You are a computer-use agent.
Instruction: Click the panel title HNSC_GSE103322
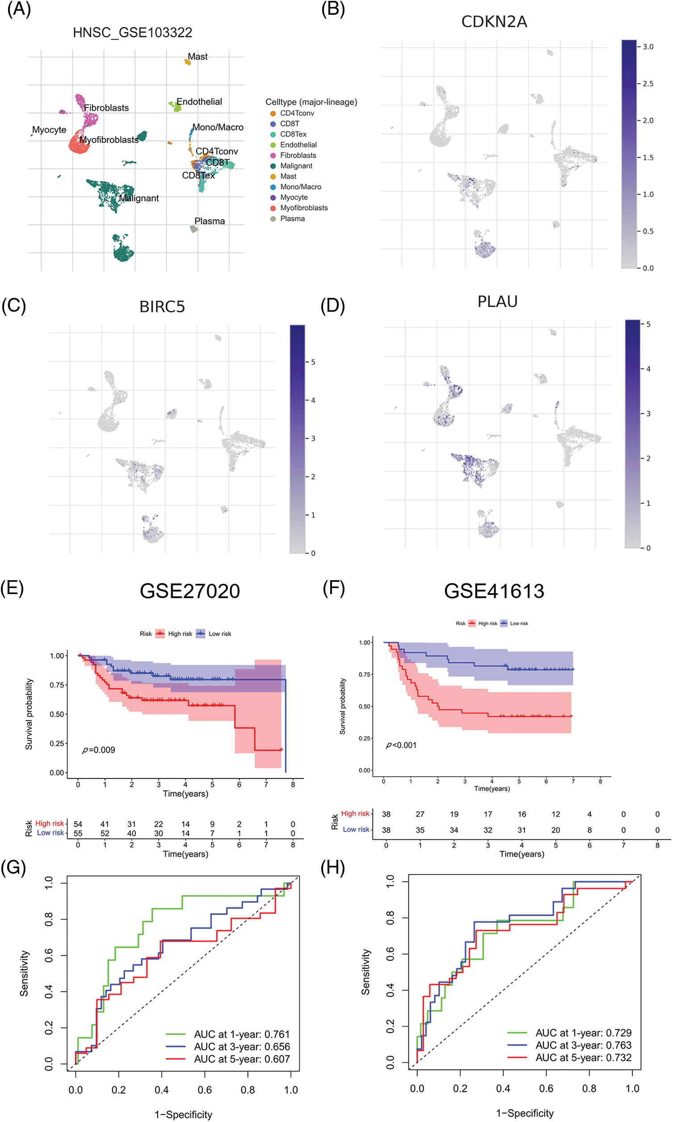[133, 33]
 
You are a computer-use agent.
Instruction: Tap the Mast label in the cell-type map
[197, 57]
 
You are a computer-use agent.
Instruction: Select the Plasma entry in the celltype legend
[292, 218]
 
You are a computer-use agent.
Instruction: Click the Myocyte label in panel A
[49, 130]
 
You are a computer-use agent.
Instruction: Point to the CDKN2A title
[494, 22]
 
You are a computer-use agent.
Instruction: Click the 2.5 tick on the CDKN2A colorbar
[648, 84]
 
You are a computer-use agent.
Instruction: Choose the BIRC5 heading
[162, 307]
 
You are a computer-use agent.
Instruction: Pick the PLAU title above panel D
[497, 302]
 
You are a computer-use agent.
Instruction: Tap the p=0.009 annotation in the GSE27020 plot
[99, 750]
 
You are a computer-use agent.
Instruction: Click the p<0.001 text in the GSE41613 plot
[401, 745]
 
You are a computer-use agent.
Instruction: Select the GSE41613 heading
[494, 591]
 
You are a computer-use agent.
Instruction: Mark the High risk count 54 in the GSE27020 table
[78, 824]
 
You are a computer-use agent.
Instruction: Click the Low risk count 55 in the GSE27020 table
[78, 833]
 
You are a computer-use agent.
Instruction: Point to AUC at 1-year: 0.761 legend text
[241, 1034]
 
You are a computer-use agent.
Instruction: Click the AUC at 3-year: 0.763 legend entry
[583, 1046]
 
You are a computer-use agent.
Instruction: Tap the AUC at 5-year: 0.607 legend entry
[241, 1059]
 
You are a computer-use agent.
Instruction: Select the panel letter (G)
[13, 868]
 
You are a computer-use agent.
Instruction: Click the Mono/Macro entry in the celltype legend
[300, 187]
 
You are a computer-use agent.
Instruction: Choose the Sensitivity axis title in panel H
[366, 972]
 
